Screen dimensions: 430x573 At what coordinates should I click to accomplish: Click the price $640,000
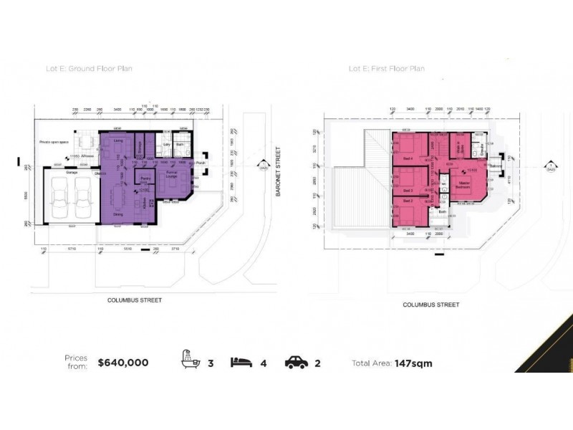[122, 363]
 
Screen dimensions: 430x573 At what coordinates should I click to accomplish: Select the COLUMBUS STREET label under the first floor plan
[430, 305]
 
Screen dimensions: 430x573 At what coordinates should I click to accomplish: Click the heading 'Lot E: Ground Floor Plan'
[94, 70]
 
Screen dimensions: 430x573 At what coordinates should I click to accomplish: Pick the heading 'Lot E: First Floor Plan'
[386, 70]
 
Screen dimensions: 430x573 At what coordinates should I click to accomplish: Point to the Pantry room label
[144, 178]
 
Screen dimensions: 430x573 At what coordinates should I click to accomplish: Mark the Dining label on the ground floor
[118, 213]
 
